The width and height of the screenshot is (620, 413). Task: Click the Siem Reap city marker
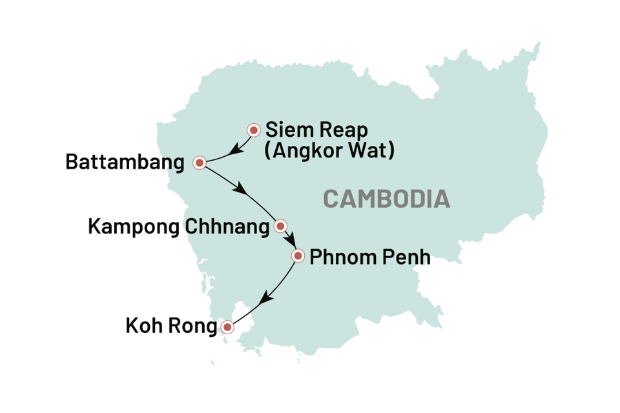(x=254, y=130)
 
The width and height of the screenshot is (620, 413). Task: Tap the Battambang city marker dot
(x=200, y=163)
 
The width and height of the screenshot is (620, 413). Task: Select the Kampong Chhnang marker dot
(x=280, y=226)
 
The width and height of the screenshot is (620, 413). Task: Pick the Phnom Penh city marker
(x=298, y=256)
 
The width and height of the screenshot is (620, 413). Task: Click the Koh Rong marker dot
(x=227, y=327)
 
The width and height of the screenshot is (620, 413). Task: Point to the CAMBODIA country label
(x=386, y=199)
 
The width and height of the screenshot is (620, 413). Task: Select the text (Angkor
(x=304, y=152)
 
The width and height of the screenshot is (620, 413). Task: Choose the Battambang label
(x=124, y=163)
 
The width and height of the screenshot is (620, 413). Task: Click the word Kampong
(x=135, y=227)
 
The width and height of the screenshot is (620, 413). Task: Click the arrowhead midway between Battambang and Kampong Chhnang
(x=242, y=190)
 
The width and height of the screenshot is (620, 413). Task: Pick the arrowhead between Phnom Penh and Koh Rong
(x=263, y=299)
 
